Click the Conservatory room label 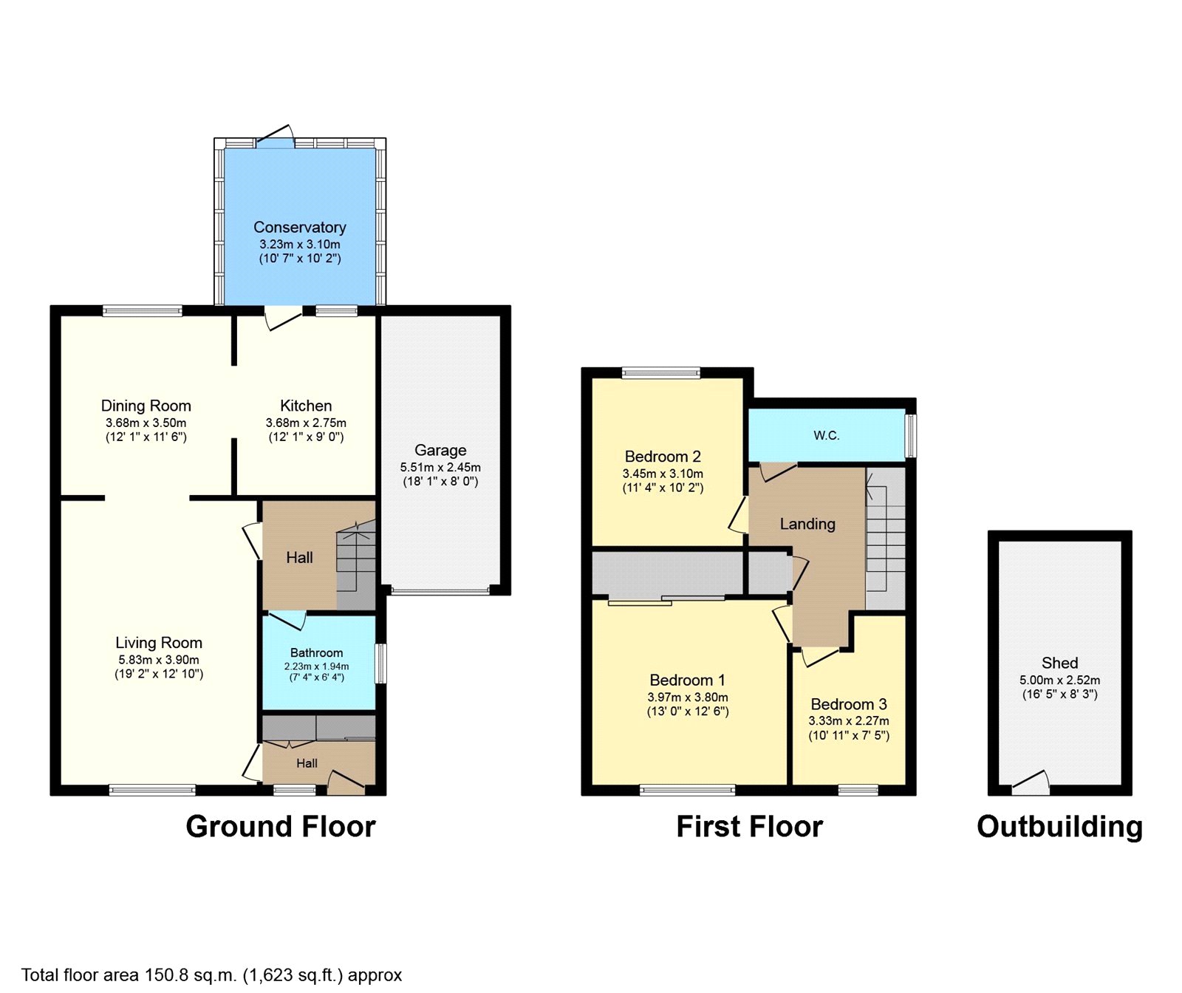pos(299,228)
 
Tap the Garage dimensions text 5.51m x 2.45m pos(440,467)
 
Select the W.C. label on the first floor pos(827,436)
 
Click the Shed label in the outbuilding pos(1059,663)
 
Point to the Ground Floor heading pos(280,827)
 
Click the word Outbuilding pos(1059,827)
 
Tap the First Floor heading pos(749,827)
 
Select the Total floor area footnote pos(211,975)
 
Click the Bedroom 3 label pos(849,704)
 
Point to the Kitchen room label pos(306,406)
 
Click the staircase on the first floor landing pos(885,539)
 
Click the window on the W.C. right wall pos(912,436)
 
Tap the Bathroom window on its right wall pos(381,663)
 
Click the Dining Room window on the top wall pos(143,311)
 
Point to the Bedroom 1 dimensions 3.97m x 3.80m pos(687,697)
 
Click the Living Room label pos(159,643)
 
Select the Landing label pos(807,524)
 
